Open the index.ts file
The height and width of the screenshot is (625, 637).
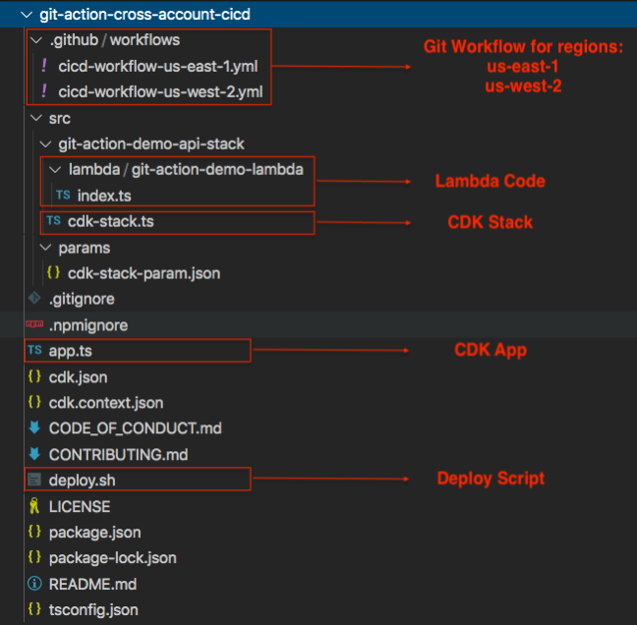tap(103, 196)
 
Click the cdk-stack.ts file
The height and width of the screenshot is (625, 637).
tap(110, 221)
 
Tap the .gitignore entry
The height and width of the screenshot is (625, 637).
tap(82, 299)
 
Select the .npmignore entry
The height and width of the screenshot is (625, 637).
tap(87, 325)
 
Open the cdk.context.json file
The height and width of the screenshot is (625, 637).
tap(106, 403)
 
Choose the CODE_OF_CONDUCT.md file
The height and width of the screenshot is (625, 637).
tap(135, 428)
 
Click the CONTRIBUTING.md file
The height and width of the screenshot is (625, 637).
tap(118, 455)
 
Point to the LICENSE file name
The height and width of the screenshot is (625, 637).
tap(79, 506)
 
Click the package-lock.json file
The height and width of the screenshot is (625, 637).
tap(112, 558)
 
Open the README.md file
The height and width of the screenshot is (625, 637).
tap(92, 584)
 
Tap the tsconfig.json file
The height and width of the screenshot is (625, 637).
tap(93, 610)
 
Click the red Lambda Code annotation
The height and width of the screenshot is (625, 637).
tap(490, 182)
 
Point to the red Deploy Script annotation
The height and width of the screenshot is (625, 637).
tap(491, 479)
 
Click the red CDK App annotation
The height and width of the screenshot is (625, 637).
tap(490, 350)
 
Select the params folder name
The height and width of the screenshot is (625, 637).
tap(84, 248)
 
